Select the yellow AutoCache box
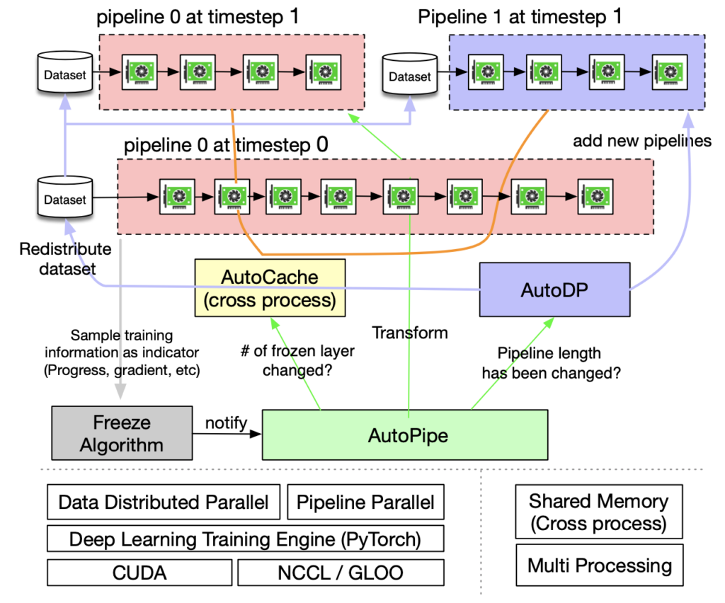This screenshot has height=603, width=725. pyautogui.click(x=270, y=287)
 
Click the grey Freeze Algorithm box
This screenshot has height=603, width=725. pyautogui.click(x=122, y=434)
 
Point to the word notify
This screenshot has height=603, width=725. pyautogui.click(x=226, y=423)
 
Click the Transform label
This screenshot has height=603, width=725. pyautogui.click(x=410, y=332)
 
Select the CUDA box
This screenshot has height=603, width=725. pyautogui.click(x=139, y=572)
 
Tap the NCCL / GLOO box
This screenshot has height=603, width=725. pyautogui.click(x=341, y=572)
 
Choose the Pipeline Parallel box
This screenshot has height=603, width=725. pyautogui.click(x=365, y=502)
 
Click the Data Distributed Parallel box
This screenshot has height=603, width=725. pyautogui.click(x=164, y=502)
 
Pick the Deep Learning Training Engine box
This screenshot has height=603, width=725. pyautogui.click(x=245, y=539)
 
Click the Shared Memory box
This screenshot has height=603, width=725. pyautogui.click(x=598, y=512)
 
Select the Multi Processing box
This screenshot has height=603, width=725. pyautogui.click(x=599, y=565)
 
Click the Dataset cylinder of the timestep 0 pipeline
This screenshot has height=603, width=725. pyautogui.click(x=64, y=199)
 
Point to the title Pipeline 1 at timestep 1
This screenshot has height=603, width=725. pyautogui.click(x=520, y=16)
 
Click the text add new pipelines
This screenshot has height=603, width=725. pyautogui.click(x=641, y=141)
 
